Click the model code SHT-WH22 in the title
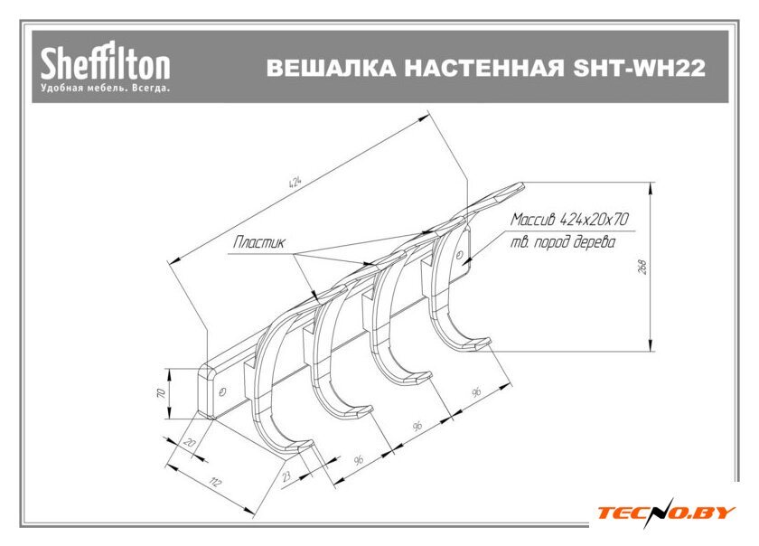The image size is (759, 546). (639, 69)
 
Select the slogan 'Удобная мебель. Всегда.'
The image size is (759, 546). (105, 89)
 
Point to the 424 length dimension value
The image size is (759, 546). (295, 181)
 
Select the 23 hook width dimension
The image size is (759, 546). (286, 473)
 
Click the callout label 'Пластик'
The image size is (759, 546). (259, 242)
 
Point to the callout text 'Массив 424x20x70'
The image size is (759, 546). (569, 220)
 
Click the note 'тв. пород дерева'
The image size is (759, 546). (561, 243)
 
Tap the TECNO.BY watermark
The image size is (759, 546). (666, 513)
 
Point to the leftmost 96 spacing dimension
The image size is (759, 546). (359, 460)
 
